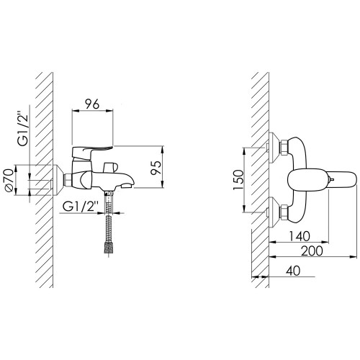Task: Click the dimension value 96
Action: pos(92,104)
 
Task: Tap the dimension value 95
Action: pos(157,168)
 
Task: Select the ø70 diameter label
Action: pos(9,181)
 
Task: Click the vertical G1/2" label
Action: pos(23,130)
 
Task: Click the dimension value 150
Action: pos(238,179)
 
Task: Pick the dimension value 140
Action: pos(299,236)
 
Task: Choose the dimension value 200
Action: pos(312,251)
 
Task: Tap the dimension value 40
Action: pos(293,271)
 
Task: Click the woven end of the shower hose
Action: pos(109,247)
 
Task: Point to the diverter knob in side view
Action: pos(111,167)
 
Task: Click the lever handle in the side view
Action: pos(92,153)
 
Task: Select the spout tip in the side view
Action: pos(128,186)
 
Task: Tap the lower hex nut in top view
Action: pos(284,211)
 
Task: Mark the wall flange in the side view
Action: pos(58,180)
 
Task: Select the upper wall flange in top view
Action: pos(274,148)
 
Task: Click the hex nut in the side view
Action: pos(68,180)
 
